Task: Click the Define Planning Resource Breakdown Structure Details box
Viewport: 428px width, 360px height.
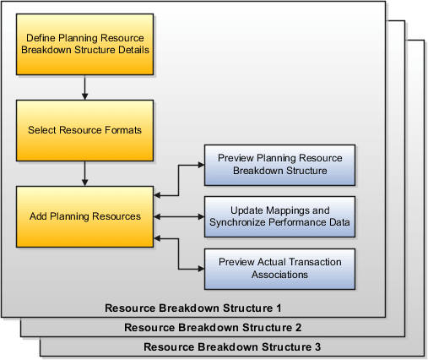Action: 84,44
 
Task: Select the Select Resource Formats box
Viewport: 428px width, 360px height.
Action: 84,131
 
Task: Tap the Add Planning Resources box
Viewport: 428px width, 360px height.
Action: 84,216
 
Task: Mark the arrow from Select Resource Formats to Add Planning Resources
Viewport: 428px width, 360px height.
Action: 84,173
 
